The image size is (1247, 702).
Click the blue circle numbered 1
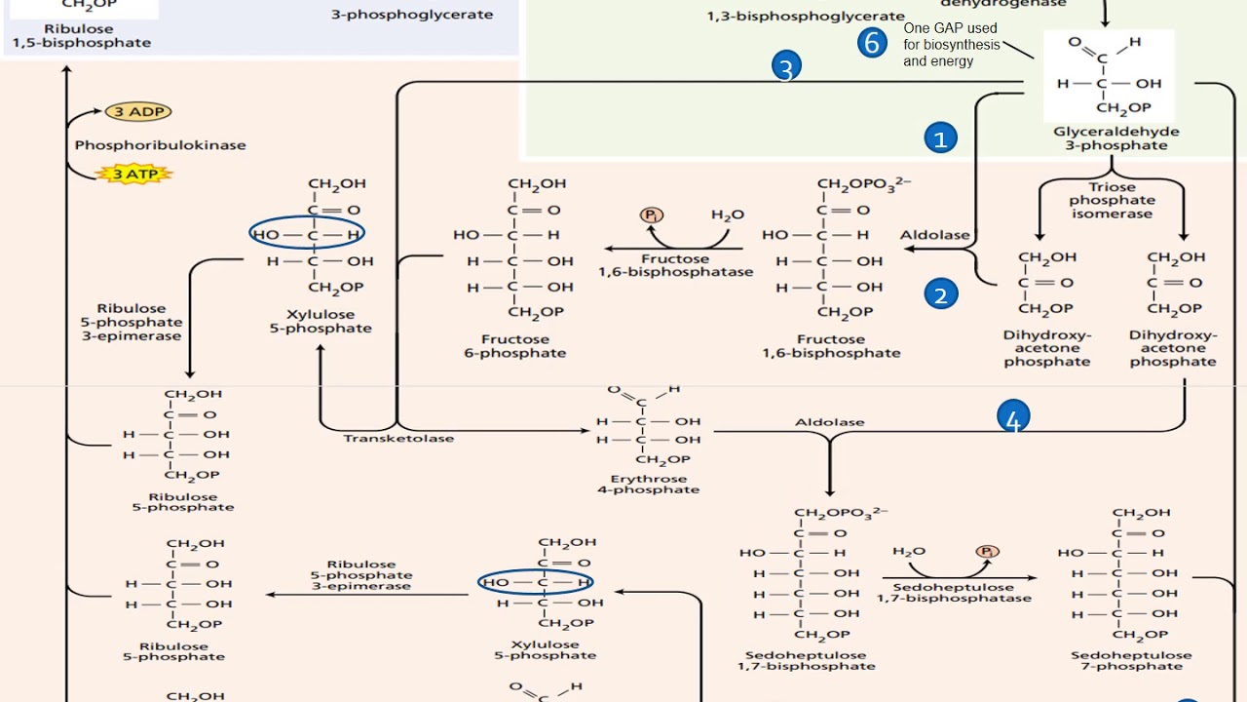tap(940, 138)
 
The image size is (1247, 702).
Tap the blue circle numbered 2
tap(940, 294)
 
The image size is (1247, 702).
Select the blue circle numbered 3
tap(786, 67)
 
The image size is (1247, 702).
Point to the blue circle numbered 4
tap(1013, 419)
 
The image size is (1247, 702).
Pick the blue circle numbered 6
tap(872, 43)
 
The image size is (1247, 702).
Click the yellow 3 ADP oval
tap(138, 112)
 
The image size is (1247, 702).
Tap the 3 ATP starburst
tap(134, 175)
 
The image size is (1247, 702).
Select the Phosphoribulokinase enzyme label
tap(160, 145)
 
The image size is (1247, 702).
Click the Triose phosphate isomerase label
tap(1112, 200)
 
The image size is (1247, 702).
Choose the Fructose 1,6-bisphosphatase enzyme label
tap(675, 265)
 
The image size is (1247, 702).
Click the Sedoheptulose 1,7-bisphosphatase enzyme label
tap(954, 593)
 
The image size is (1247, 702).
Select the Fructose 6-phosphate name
tap(514, 346)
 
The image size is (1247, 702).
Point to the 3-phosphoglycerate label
tap(411, 15)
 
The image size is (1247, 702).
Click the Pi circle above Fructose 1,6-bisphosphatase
tap(650, 214)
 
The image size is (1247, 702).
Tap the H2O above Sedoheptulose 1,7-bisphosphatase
tap(908, 552)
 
